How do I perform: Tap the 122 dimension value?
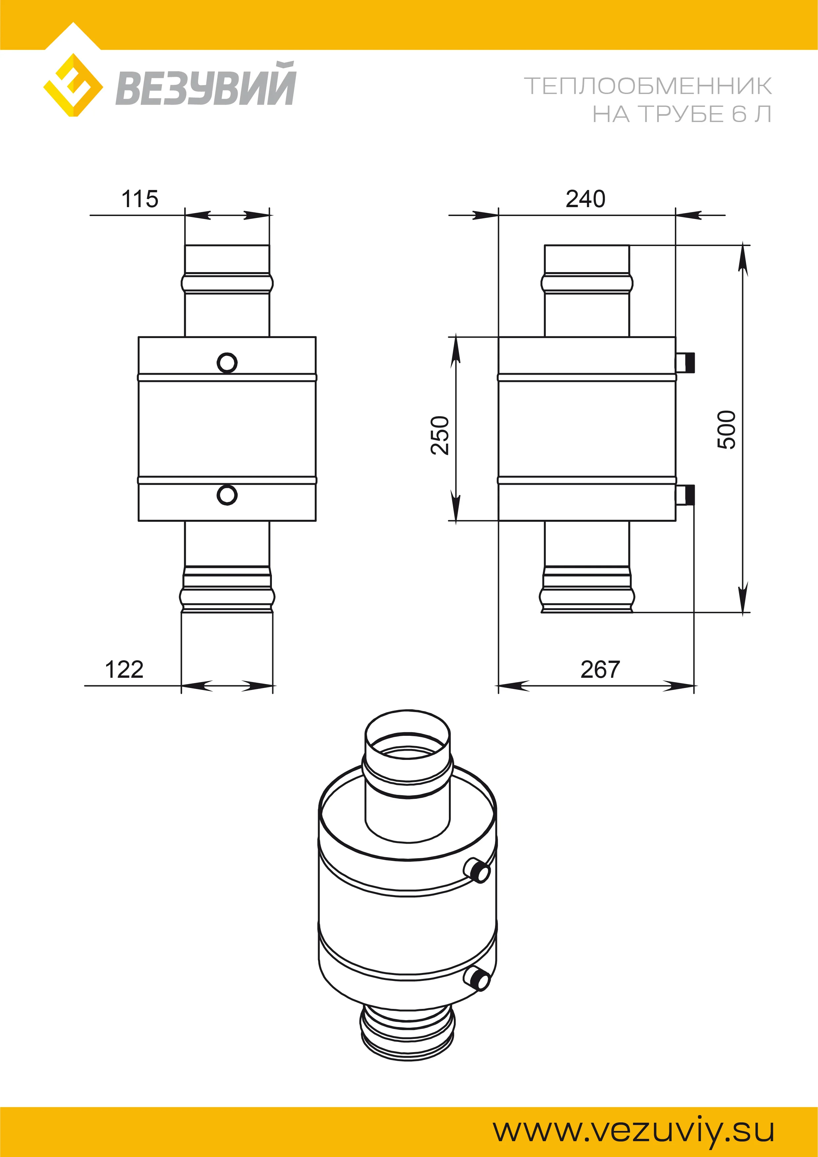(x=124, y=670)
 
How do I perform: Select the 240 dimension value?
(x=585, y=199)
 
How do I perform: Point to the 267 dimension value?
(x=600, y=670)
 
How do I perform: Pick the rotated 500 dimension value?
(x=727, y=430)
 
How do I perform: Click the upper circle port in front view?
(x=227, y=363)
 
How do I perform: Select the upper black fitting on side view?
(x=686, y=362)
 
